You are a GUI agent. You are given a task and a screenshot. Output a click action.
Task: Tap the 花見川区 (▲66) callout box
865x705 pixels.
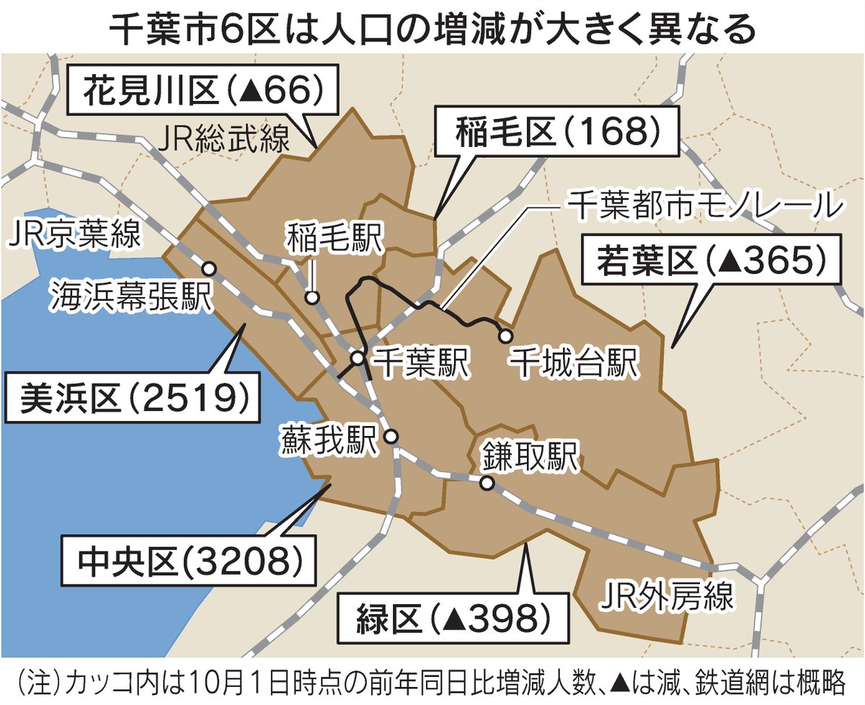203,91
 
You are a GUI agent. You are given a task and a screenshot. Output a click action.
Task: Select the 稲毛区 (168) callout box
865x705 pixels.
558,133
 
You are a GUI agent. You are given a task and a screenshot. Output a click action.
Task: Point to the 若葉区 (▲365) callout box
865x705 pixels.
711,261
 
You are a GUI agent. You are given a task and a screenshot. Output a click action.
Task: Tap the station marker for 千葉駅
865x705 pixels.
358,358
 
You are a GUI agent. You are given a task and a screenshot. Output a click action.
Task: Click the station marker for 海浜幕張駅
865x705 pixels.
209,268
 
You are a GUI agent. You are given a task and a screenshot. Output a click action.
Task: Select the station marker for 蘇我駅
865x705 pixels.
391,436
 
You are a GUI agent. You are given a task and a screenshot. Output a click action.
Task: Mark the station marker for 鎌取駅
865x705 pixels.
487,484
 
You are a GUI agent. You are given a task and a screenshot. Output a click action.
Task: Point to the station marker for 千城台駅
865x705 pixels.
506,335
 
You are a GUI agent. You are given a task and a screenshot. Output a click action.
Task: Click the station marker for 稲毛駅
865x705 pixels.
312,296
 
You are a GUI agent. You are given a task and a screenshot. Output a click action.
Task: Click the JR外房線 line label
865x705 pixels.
667,595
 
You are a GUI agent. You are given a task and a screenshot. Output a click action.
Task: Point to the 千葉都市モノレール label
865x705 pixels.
703,206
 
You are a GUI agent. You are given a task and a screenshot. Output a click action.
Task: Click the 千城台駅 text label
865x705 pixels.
574,363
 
